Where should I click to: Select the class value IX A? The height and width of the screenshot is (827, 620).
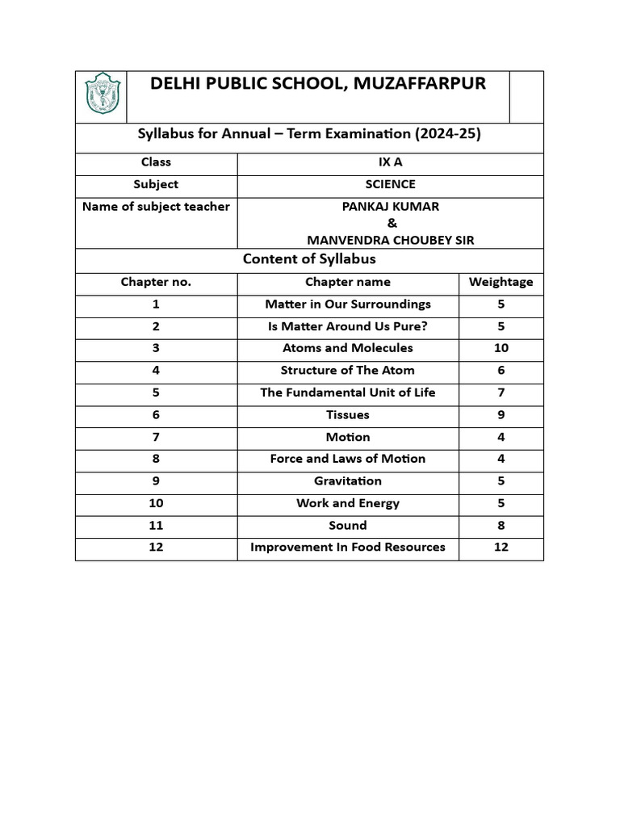(x=390, y=162)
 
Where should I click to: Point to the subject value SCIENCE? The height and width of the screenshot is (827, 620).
(x=390, y=184)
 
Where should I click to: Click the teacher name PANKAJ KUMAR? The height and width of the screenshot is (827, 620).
(x=390, y=207)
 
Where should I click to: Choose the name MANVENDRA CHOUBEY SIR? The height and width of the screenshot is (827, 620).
(x=390, y=240)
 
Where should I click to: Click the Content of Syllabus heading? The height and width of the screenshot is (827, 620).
(x=309, y=259)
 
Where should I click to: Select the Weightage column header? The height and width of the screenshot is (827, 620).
(x=501, y=282)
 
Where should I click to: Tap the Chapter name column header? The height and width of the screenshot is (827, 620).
(x=347, y=282)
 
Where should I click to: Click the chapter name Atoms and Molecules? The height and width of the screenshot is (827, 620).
(x=347, y=348)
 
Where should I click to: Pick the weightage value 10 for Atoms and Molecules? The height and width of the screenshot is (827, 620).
(x=501, y=348)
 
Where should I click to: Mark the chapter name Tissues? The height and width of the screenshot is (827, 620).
(x=347, y=414)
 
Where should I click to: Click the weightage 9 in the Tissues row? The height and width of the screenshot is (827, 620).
(x=501, y=414)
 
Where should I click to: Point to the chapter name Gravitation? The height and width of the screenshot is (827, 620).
(x=347, y=481)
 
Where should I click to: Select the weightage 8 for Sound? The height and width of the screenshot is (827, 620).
(x=501, y=525)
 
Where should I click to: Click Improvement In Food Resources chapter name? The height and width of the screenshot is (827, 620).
(x=347, y=547)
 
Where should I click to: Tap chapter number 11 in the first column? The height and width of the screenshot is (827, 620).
(x=156, y=525)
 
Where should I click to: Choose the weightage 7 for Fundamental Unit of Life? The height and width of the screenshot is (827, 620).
(x=501, y=393)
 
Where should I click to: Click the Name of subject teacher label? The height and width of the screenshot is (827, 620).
(x=156, y=207)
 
